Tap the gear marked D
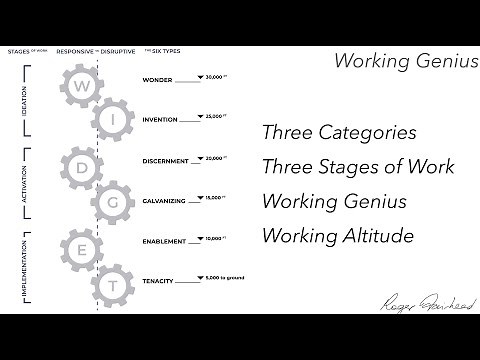(80, 167)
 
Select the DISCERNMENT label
(167, 160)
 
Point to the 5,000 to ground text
(225, 278)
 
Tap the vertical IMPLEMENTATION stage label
(25, 265)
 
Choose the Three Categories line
(338, 132)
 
